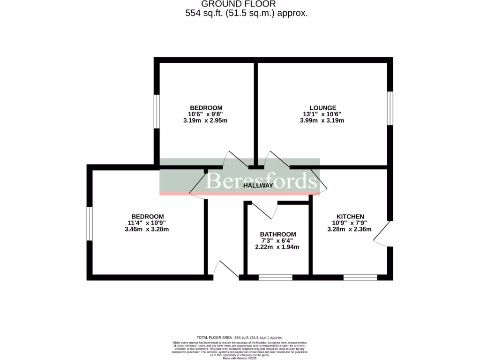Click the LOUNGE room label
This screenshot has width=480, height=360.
pyautogui.click(x=322, y=108)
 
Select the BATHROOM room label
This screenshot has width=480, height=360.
pyautogui.click(x=278, y=234)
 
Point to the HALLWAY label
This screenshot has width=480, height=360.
pyautogui.click(x=258, y=186)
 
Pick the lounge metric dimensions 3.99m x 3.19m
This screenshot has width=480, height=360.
pyautogui.click(x=322, y=120)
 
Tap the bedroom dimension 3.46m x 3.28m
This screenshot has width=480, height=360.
pyautogui.click(x=147, y=229)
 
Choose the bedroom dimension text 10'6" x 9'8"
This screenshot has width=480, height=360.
pyautogui.click(x=206, y=114)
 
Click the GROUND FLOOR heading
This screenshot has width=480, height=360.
pyautogui.click(x=246, y=4)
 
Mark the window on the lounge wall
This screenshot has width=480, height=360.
pyautogui.click(x=390, y=108)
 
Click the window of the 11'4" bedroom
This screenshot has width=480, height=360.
pyautogui.click(x=89, y=224)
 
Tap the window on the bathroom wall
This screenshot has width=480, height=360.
pyautogui.click(x=275, y=277)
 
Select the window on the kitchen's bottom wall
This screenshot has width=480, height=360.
pyautogui.click(x=360, y=277)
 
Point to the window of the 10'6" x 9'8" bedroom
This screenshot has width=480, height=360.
pyautogui.click(x=157, y=111)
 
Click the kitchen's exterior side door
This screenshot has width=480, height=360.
pyautogui.click(x=382, y=233)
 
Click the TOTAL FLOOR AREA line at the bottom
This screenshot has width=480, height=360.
pyautogui.click(x=240, y=337)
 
